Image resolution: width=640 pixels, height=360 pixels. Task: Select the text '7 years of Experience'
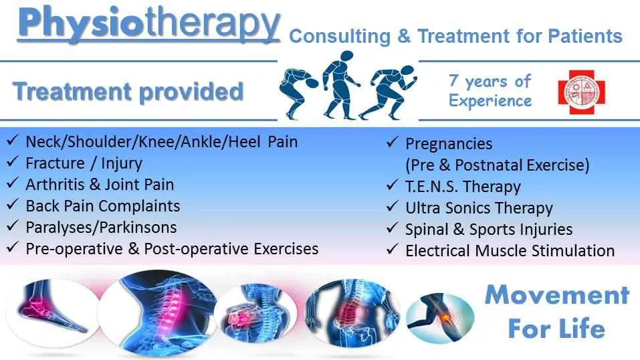pyautogui.click(x=490, y=91)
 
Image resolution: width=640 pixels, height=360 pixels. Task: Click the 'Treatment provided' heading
pyautogui.click(x=128, y=92)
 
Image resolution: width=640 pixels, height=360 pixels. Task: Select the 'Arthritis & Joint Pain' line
pyautogui.click(x=100, y=184)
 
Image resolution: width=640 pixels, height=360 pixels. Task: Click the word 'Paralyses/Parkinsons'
pyautogui.click(x=101, y=227)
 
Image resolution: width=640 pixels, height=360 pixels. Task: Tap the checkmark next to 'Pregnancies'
pyautogui.click(x=393, y=144)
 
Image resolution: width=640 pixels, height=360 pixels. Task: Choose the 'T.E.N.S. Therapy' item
pyautogui.click(x=463, y=187)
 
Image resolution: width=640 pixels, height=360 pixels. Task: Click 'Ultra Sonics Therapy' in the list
pyautogui.click(x=479, y=208)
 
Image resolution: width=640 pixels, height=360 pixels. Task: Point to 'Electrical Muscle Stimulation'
pyautogui.click(x=510, y=251)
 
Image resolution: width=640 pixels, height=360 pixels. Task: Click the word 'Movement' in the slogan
pyautogui.click(x=556, y=295)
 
